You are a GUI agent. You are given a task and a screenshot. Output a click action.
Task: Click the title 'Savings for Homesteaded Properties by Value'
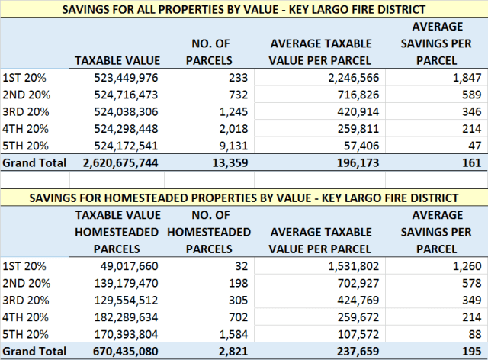[x=244, y=198]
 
